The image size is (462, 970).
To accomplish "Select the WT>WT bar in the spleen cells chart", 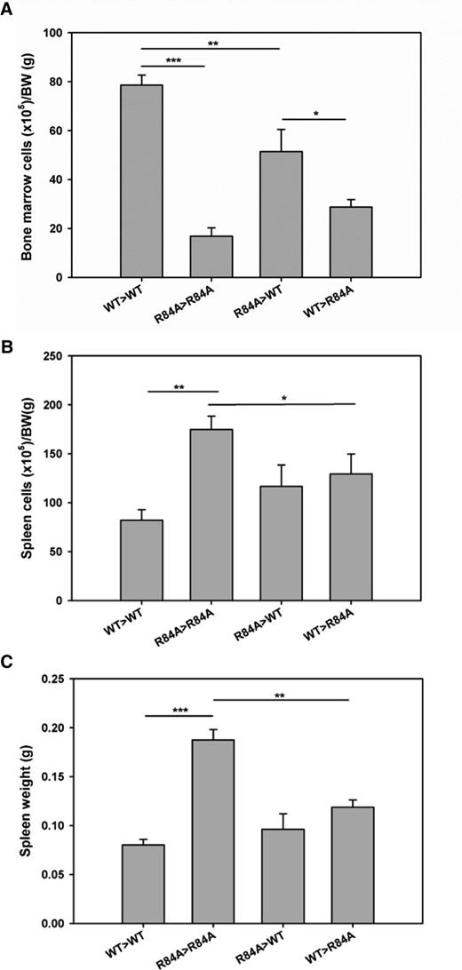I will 141,560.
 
